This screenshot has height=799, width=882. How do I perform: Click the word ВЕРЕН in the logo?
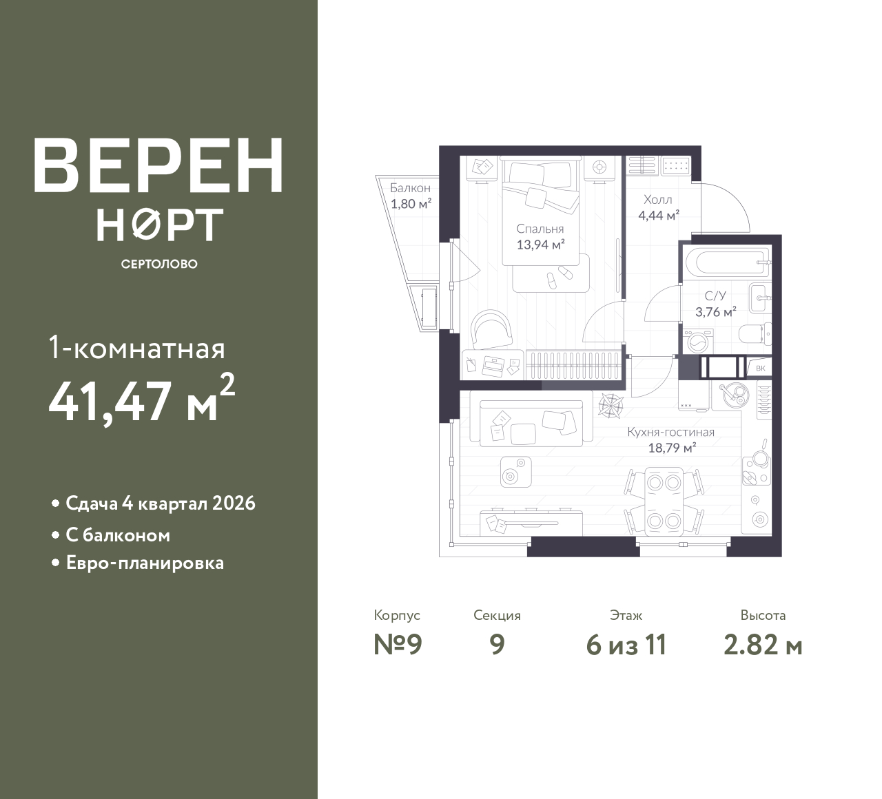158,166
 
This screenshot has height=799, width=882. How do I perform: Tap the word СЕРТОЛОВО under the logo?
159,264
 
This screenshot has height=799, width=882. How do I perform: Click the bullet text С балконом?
118,536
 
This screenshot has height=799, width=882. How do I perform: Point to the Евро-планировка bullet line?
145,563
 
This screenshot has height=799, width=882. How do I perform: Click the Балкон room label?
410,188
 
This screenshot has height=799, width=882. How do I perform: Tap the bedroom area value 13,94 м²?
540,245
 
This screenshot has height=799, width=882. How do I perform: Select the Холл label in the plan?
658,200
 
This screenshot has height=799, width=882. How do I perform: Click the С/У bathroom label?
715,295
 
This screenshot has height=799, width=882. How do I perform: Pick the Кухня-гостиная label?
670,432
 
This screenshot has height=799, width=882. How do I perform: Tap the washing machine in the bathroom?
698,342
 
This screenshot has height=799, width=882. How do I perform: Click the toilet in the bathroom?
755,334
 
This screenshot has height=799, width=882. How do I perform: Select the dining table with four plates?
664,501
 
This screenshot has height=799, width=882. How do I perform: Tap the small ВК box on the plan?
760,369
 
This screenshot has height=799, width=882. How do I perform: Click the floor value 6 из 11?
626,645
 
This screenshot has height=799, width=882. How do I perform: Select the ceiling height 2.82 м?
763,645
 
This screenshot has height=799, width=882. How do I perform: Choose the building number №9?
398,645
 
